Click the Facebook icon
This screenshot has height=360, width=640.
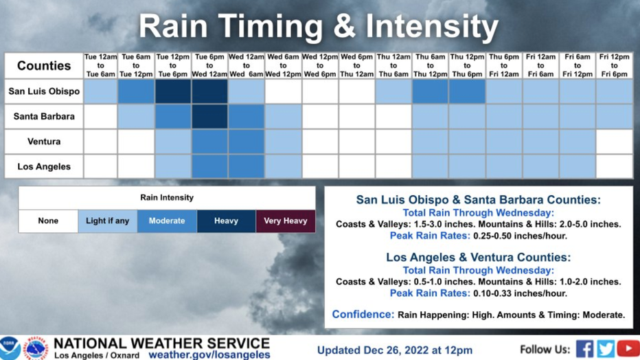(584, 349)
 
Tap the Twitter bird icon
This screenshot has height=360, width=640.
(606, 349)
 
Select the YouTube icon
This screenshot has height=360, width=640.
(628, 349)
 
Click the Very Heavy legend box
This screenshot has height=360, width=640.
(285, 221)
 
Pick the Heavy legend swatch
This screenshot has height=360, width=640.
(226, 221)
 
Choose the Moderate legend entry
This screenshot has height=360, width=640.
(167, 221)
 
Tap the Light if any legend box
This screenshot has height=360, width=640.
(107, 221)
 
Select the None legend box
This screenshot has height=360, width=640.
(48, 221)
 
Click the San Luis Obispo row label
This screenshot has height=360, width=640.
(44, 91)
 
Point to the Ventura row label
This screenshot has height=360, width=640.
(44, 142)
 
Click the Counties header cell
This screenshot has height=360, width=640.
(44, 66)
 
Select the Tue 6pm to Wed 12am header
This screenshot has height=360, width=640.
(210, 66)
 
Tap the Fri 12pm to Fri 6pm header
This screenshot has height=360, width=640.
(615, 66)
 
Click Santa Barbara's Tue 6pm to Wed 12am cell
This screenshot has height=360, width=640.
(210, 117)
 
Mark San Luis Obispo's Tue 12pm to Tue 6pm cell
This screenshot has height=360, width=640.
(173, 91)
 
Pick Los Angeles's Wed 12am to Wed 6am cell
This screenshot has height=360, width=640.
(247, 166)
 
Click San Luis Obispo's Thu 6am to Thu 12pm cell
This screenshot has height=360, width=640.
(430, 91)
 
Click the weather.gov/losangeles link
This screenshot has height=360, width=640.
(209, 355)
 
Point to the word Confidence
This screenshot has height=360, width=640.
(363, 314)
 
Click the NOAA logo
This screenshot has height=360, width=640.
(10, 348)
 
